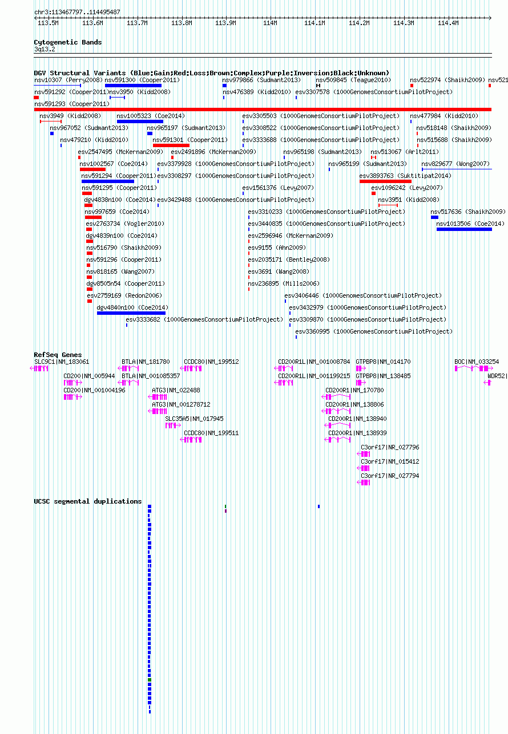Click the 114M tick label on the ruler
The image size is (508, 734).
(x=270, y=23)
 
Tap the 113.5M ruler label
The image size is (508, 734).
(x=48, y=23)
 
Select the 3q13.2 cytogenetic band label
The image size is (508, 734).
(x=45, y=49)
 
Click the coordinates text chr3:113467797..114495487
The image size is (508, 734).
(x=77, y=12)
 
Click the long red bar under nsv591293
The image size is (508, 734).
(x=263, y=110)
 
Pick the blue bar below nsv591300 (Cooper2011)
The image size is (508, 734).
(x=133, y=86)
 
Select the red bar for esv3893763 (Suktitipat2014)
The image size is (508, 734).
(x=385, y=181)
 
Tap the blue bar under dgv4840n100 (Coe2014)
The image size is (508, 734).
(x=131, y=313)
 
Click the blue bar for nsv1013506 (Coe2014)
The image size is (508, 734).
(x=464, y=229)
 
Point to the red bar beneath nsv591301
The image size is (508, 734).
(x=171, y=145)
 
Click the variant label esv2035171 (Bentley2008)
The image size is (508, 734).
(x=289, y=259)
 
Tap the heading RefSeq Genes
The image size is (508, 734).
(x=58, y=355)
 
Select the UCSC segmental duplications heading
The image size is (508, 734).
(x=87, y=501)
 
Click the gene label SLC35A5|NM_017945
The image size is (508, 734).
(x=194, y=419)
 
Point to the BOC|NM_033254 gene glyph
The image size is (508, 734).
(x=474, y=368)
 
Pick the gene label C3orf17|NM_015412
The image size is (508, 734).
(x=390, y=461)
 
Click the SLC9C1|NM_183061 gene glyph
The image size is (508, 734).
(x=39, y=368)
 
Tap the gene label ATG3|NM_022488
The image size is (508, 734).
(x=176, y=390)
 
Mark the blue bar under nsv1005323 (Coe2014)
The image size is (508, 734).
(x=140, y=121)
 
